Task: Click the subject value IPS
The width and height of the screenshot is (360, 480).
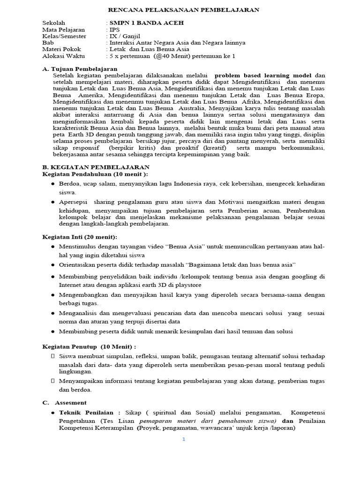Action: [115, 29]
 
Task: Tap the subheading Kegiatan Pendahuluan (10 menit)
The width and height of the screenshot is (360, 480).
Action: [88, 173]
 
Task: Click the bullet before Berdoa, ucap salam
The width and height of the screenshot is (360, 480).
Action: [52, 183]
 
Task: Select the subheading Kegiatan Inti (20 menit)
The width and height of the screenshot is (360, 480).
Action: [80, 237]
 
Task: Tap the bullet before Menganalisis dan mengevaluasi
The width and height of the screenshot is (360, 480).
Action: [52, 313]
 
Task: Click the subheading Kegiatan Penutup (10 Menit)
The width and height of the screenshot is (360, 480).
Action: [89, 346]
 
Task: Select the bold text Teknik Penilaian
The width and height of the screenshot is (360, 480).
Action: [86, 412]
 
